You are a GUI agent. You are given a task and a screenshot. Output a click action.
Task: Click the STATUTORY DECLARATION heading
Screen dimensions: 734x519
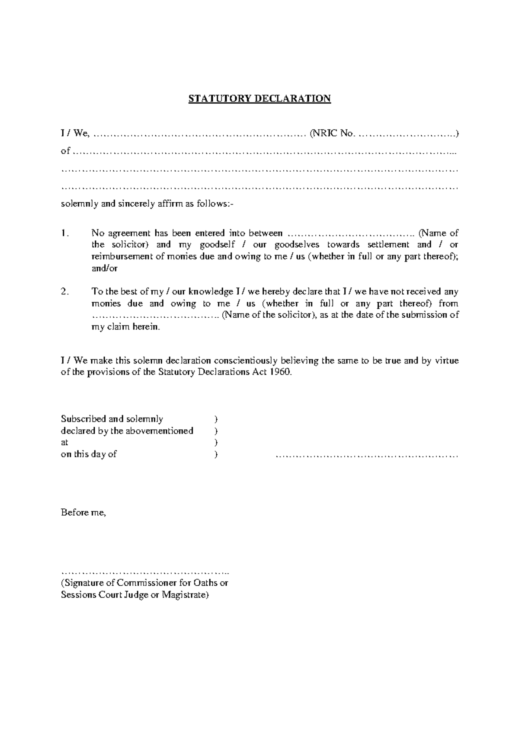click(x=259, y=99)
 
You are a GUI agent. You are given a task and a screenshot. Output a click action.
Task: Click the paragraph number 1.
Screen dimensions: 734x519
click(x=64, y=233)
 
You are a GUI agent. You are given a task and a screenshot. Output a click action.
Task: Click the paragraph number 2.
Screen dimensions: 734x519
click(x=64, y=292)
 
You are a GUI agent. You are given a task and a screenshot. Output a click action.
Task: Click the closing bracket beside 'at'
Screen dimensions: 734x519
click(x=216, y=443)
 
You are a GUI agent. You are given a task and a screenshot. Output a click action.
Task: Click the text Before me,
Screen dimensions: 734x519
click(x=83, y=513)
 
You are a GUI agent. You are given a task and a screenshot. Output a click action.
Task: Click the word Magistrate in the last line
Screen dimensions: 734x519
click(x=185, y=595)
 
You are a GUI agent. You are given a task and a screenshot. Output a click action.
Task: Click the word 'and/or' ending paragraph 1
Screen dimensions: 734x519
click(x=104, y=268)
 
